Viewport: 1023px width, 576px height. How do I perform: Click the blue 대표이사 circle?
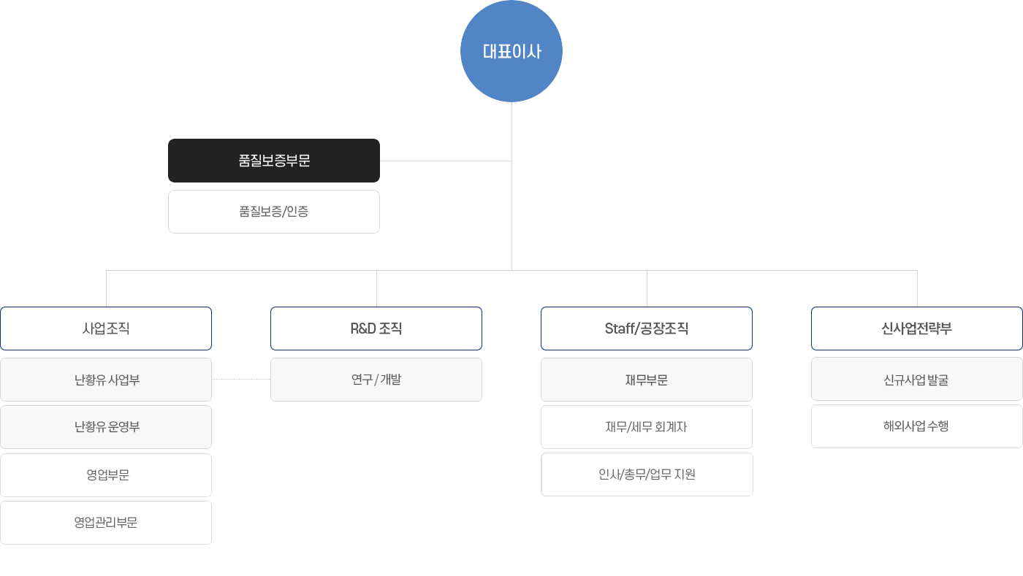[512, 51]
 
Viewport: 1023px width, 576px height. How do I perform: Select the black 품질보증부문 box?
[274, 161]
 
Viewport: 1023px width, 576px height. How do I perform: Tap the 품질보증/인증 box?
[274, 212]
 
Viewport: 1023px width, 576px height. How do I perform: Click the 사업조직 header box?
[106, 329]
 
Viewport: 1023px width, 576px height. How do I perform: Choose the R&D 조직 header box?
[376, 329]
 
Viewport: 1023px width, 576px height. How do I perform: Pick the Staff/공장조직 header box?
[647, 329]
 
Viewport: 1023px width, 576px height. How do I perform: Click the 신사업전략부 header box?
[917, 329]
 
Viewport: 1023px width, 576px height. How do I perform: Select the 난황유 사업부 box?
[106, 380]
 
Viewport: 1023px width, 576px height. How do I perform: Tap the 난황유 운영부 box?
[106, 427]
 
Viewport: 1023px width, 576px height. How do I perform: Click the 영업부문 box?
[106, 475]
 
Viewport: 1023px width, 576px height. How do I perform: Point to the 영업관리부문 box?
[106, 523]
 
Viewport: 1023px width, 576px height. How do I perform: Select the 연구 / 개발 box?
[376, 380]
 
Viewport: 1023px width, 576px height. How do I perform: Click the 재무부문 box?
[647, 380]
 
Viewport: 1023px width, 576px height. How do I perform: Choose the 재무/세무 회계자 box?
[647, 427]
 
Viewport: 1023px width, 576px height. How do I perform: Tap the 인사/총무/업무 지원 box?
[647, 475]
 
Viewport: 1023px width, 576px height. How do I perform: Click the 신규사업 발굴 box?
[917, 380]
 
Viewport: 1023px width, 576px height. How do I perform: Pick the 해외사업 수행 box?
[917, 426]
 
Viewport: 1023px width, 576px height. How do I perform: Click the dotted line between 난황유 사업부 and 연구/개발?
[241, 380]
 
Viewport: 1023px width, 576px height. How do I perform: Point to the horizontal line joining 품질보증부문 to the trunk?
[446, 161]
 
